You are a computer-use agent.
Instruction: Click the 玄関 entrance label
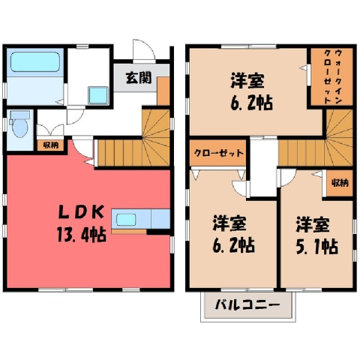[139, 78]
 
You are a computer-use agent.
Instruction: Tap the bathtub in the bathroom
[35, 62]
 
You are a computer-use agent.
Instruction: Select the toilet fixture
[19, 124]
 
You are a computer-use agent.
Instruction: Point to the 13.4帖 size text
[82, 235]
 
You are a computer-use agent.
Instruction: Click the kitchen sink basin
[126, 220]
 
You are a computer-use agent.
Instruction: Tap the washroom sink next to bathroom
[98, 95]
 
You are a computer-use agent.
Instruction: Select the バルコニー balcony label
[247, 305]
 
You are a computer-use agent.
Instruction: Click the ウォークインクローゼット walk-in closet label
[332, 76]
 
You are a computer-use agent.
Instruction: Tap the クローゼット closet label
[219, 153]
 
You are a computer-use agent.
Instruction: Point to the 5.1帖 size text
[317, 247]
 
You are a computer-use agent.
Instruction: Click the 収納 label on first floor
[51, 145]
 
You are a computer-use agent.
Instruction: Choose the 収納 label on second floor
[340, 183]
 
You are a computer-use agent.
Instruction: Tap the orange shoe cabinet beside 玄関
[163, 91]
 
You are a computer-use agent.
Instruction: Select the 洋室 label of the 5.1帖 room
[313, 224]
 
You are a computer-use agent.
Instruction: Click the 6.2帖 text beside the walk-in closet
[251, 103]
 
